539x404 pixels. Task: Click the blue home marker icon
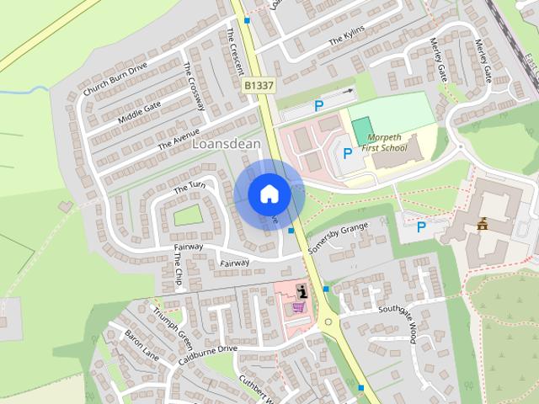pos(269,194)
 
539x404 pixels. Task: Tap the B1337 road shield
pos(259,86)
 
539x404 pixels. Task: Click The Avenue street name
pos(179,138)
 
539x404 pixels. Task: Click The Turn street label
pos(189,188)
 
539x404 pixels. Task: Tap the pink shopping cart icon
pos(299,308)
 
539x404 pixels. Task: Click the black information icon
pos(302,290)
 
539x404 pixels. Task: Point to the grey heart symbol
pos(64,206)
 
